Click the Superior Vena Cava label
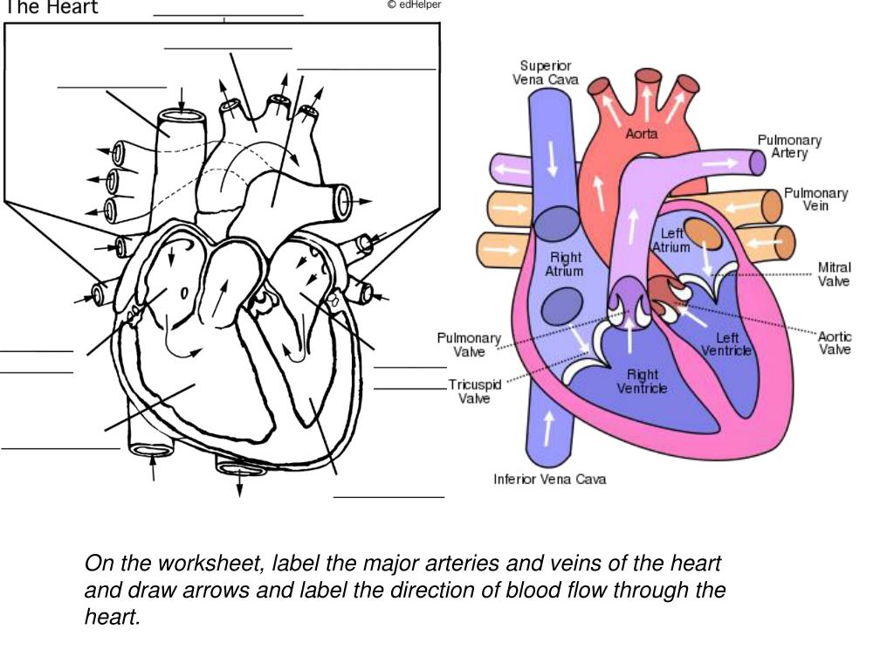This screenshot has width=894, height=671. coord(545,73)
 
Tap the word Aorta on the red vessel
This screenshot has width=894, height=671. coord(642,135)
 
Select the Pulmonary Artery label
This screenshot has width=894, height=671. coord(789,146)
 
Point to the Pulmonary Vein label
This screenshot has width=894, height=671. coord(815,199)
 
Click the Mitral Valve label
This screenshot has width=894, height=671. coord(834,273)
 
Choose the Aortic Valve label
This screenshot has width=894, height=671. coord(834,342)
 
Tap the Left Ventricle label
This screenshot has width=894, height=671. coord(726,344)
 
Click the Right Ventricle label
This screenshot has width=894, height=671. coord(642,381)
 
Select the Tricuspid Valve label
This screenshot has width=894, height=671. coord(474,391)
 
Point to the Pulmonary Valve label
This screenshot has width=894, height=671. coord(469,344)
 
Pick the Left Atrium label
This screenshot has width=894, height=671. coord(671,240)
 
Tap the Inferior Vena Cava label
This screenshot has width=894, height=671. coord(549,479)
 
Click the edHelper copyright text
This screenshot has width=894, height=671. coord(415,5)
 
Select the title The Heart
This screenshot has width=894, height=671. coord(52,8)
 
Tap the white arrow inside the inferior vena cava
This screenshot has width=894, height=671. coord(548,429)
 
